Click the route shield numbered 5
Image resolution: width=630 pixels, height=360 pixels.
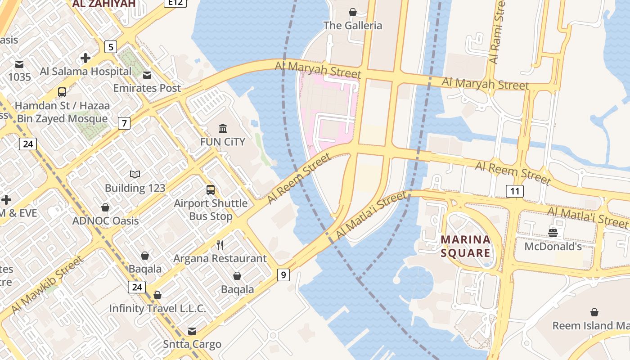point(110,46)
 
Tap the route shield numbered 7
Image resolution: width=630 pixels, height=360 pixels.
point(124,123)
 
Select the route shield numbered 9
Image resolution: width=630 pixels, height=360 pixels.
point(283,274)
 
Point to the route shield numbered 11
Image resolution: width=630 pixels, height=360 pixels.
point(515,191)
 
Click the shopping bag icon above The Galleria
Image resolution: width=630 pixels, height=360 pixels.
point(353,12)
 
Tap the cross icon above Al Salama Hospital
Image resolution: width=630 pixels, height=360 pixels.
point(85,58)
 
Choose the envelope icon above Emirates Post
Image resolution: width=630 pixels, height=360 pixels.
point(147,75)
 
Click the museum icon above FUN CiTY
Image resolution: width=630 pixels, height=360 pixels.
point(222,129)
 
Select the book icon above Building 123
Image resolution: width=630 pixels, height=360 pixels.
point(135,174)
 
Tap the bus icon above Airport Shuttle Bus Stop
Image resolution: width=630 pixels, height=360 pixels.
point(211,189)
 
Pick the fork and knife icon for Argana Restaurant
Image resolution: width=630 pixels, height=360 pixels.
point(220,245)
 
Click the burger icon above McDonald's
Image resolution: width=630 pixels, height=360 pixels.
point(553,233)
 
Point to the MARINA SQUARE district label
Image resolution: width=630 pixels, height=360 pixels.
point(465,246)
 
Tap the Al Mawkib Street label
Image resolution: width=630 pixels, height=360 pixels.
point(47,285)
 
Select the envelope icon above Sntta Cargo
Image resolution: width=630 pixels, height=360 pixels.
point(192,331)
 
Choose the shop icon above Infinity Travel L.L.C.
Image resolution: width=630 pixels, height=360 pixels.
point(157,295)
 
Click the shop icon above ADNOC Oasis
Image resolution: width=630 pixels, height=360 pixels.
point(105,207)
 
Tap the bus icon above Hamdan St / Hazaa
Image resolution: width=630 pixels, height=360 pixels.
point(62,92)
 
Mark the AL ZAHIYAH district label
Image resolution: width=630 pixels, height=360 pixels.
point(103,4)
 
